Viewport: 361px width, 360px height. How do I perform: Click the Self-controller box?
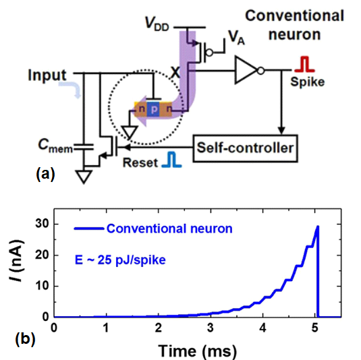(245, 148)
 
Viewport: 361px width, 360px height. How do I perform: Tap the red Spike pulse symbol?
(304, 65)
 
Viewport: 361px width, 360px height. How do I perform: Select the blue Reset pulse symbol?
(172, 159)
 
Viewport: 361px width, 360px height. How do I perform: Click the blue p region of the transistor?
(154, 109)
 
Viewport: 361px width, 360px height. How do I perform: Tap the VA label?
(236, 37)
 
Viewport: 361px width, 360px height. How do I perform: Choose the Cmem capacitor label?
(55, 146)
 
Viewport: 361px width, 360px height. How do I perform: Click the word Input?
(47, 75)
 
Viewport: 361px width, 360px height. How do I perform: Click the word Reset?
(140, 162)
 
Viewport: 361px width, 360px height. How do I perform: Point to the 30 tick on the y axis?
(42, 224)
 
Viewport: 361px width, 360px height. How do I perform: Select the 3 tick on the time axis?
(211, 328)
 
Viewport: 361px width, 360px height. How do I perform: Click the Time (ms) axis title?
(197, 351)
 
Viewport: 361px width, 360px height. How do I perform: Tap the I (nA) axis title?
(17, 260)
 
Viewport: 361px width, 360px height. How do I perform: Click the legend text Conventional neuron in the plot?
(169, 229)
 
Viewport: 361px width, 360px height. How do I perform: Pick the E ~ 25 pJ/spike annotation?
(120, 260)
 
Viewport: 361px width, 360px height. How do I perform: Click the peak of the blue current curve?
(318, 226)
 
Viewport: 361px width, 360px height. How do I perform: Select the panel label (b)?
(25, 339)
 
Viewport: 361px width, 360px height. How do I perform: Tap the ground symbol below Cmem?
(84, 177)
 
